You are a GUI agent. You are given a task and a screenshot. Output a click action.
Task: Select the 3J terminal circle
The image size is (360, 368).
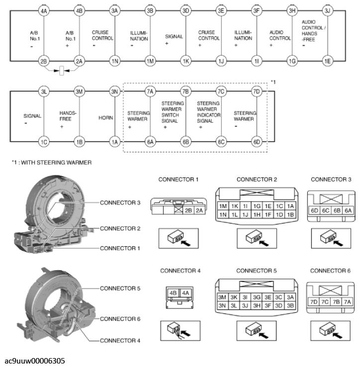[327, 10]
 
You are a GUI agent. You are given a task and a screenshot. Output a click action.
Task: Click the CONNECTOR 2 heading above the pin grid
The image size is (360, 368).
[256, 179]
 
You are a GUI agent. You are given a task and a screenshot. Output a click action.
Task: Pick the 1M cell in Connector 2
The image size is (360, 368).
[223, 206]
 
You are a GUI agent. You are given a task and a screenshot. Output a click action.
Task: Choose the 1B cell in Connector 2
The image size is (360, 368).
[290, 214]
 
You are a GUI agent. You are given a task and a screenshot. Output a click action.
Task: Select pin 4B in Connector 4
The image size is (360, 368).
[174, 293]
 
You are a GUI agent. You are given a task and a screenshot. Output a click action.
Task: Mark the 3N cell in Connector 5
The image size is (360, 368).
[223, 305]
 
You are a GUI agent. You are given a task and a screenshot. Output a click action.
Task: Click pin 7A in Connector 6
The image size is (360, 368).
[347, 302]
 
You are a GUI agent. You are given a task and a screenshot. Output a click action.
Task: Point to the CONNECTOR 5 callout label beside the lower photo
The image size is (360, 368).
[120, 288]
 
